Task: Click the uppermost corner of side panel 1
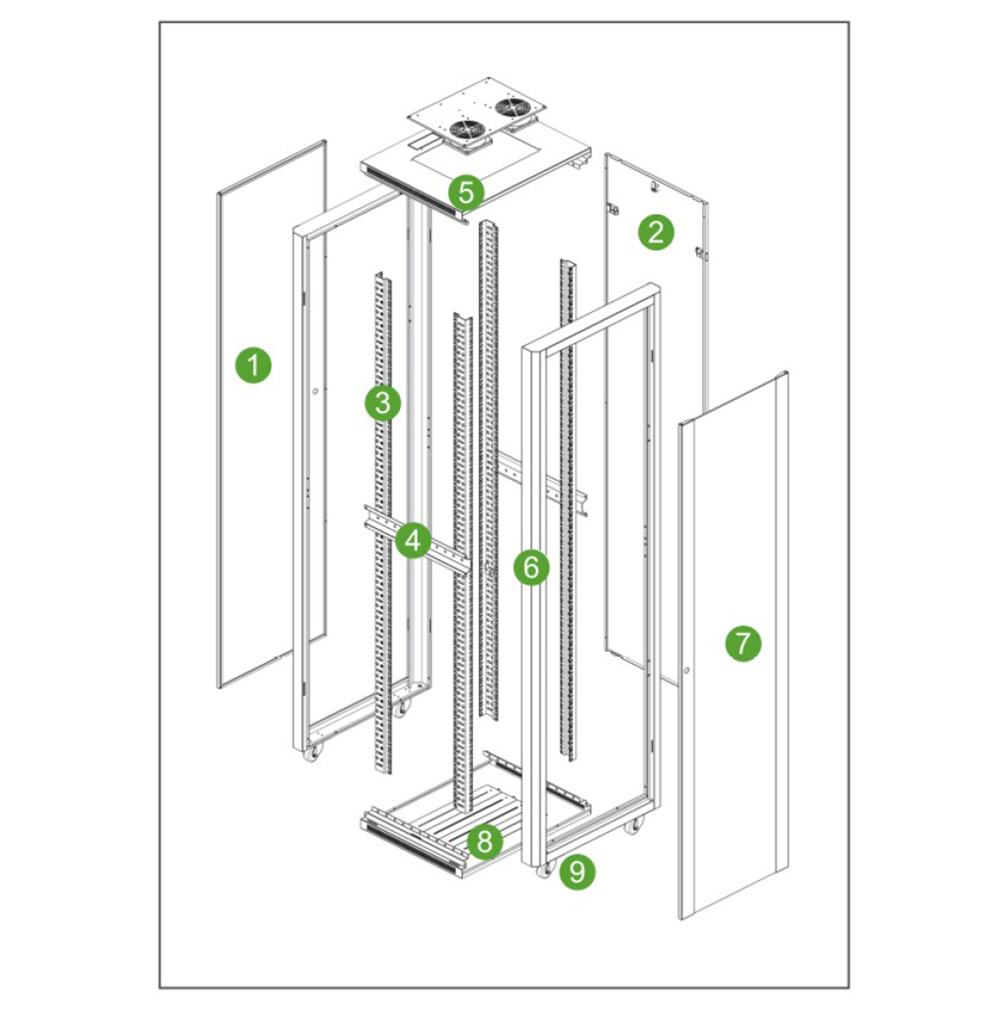(325, 140)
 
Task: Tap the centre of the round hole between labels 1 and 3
(315, 392)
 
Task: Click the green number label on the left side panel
(254, 365)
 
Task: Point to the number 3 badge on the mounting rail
(382, 403)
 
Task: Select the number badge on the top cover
(466, 193)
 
